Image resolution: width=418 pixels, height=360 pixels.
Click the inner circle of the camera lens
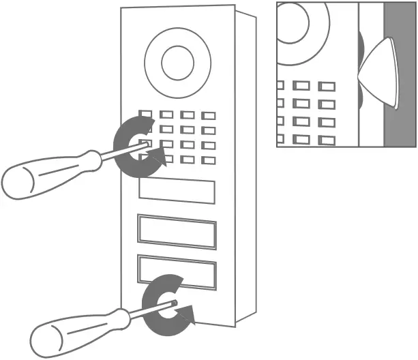click(177, 62)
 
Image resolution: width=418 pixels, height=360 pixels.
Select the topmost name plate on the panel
click(177, 191)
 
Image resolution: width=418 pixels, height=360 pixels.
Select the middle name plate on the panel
click(177, 231)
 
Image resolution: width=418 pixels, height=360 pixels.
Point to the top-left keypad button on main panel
click(146, 115)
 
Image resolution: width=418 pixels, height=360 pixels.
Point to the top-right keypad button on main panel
click(209, 116)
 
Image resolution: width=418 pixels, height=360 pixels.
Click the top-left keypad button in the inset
click(280, 86)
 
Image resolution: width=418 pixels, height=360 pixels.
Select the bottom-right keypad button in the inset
click(327, 140)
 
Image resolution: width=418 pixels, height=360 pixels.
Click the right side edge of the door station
click(245, 170)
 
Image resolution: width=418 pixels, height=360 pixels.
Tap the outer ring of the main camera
click(151, 62)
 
